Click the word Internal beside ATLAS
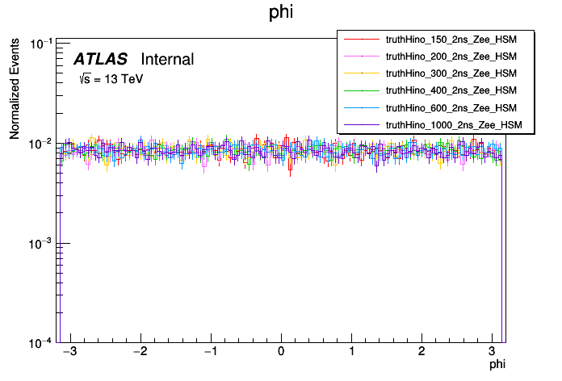tap(167, 59)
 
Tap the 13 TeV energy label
tap(111, 79)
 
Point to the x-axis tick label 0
tap(281, 352)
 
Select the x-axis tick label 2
tap(421, 352)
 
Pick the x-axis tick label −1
tap(208, 352)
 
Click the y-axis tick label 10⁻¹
tap(41, 44)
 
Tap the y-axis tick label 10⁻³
tap(41, 243)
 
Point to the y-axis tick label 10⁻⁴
tap(41, 342)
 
